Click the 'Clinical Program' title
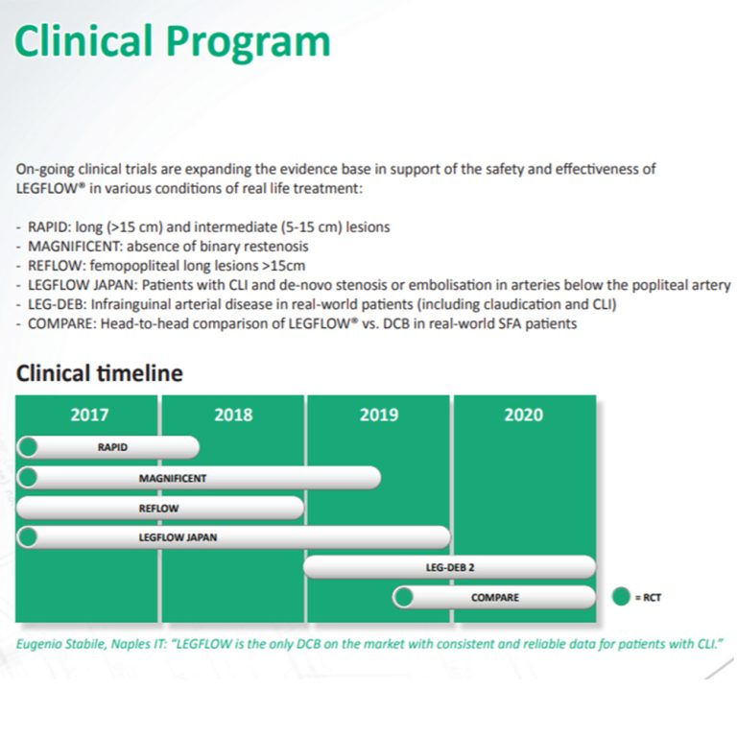point(173,41)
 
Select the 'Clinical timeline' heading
point(99,373)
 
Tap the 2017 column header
point(89,415)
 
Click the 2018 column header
point(233,415)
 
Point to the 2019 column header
point(379,415)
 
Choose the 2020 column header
point(523,415)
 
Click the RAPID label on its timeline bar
point(112,447)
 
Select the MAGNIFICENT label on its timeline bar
point(173,478)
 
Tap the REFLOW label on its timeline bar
point(159,508)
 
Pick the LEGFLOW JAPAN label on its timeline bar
point(178,537)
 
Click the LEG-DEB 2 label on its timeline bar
point(449,567)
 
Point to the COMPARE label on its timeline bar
point(495,597)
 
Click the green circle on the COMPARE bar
point(404,597)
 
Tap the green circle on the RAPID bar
point(29,447)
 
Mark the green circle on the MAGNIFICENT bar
point(29,478)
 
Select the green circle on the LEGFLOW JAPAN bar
point(29,537)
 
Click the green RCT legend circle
point(621,598)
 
